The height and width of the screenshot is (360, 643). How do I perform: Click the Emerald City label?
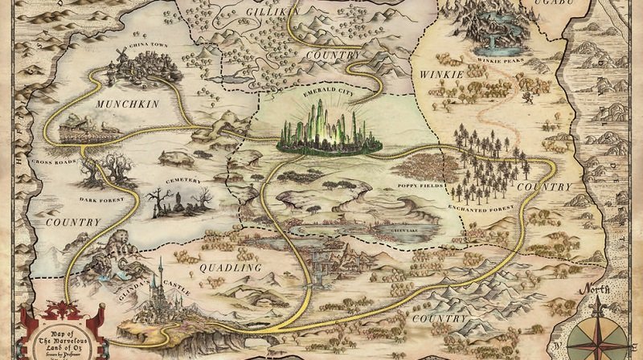(328, 92)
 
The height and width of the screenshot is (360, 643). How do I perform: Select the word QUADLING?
(231, 267)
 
